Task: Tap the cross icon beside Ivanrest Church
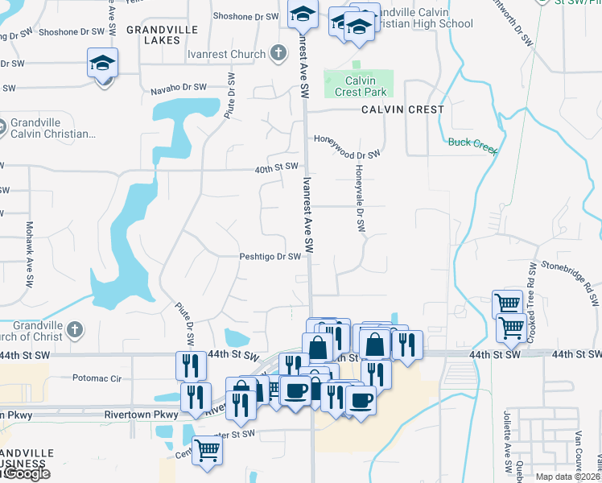click(278, 54)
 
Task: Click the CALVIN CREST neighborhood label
click(402, 109)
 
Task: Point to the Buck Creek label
click(472, 142)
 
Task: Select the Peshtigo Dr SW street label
click(270, 257)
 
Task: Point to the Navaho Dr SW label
click(179, 89)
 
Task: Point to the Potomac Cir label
click(96, 377)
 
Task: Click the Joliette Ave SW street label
click(509, 451)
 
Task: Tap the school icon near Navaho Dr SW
click(103, 64)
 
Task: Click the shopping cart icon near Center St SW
click(208, 451)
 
